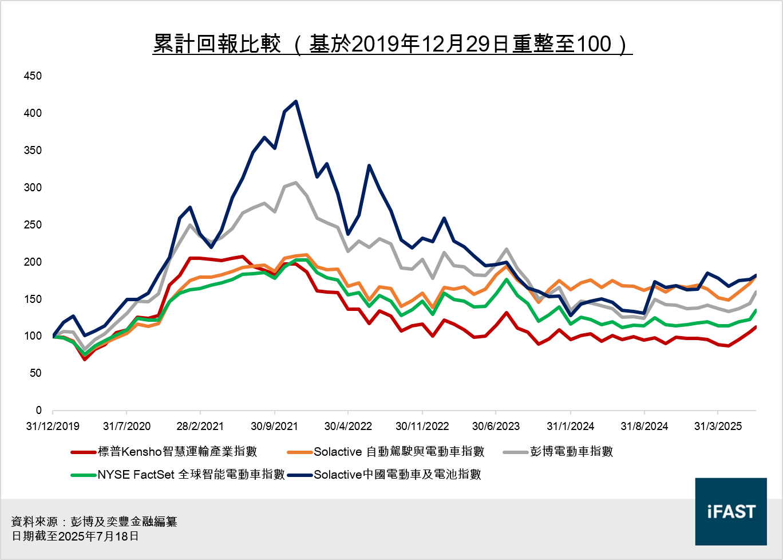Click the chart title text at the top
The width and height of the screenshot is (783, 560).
[x=392, y=44]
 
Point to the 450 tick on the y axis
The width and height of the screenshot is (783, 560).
[x=33, y=76]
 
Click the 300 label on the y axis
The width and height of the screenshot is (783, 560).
[x=33, y=188]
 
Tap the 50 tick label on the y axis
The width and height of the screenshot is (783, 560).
[x=35, y=373]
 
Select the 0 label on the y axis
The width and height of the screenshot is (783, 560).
[x=38, y=411]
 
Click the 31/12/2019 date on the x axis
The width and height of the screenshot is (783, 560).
[x=53, y=427]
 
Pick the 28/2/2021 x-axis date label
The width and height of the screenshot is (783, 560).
[x=200, y=427]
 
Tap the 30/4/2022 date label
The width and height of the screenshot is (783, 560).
[x=348, y=427]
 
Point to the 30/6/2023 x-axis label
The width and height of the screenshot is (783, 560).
[x=496, y=427]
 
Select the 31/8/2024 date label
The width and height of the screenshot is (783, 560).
[x=644, y=427]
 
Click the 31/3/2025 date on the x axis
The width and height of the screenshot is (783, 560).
[x=718, y=427]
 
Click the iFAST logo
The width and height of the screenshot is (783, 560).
[x=731, y=511]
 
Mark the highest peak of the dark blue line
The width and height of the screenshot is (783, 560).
[x=296, y=102]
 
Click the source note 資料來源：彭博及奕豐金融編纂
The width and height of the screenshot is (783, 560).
[x=94, y=522]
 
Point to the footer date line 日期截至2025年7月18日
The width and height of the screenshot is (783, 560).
[x=75, y=537]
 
